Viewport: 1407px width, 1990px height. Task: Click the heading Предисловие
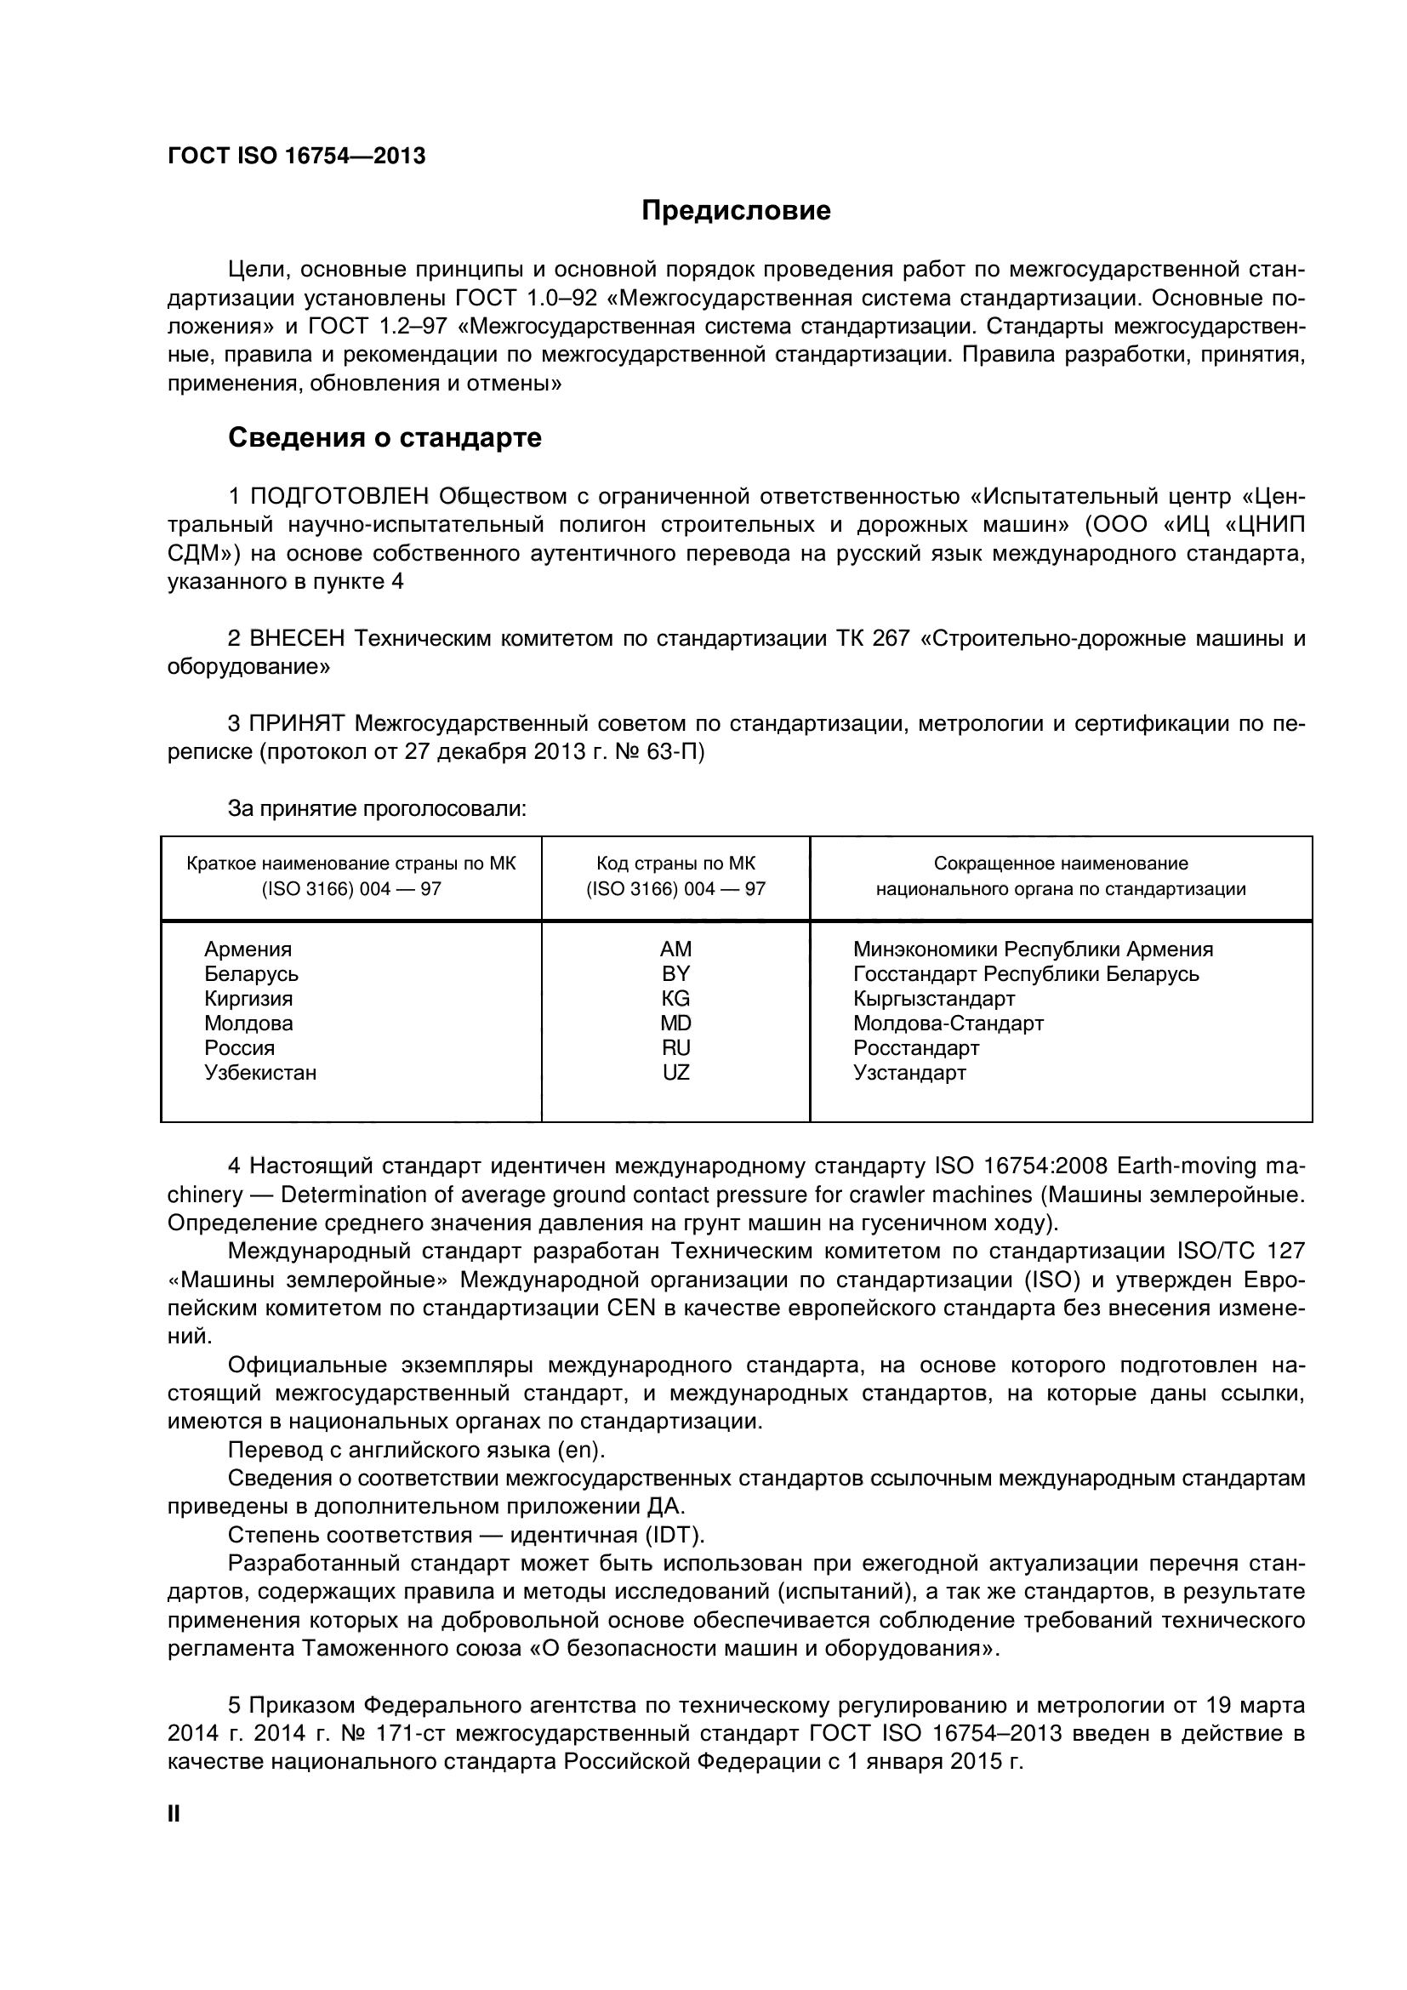pyautogui.click(x=736, y=211)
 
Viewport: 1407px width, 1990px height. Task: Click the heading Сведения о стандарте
pyautogui.click(x=385, y=437)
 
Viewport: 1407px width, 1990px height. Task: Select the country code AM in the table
pyautogui.click(x=675, y=949)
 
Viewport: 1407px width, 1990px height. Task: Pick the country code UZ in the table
pyautogui.click(x=675, y=1073)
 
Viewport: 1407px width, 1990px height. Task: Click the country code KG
pyautogui.click(x=675, y=999)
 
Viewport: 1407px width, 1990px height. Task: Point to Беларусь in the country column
pyautogui.click(x=251, y=974)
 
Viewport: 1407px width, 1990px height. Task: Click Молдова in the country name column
pyautogui.click(x=248, y=1024)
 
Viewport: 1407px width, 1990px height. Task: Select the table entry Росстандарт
pyautogui.click(x=916, y=1048)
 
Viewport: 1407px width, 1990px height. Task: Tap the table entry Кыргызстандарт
pyautogui.click(x=934, y=999)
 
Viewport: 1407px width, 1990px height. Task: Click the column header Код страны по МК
pyautogui.click(x=675, y=864)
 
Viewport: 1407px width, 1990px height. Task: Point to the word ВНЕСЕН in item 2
pyautogui.click(x=297, y=639)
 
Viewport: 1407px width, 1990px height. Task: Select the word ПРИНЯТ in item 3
pyautogui.click(x=297, y=724)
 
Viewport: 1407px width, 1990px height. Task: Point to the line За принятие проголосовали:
pyautogui.click(x=377, y=809)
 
